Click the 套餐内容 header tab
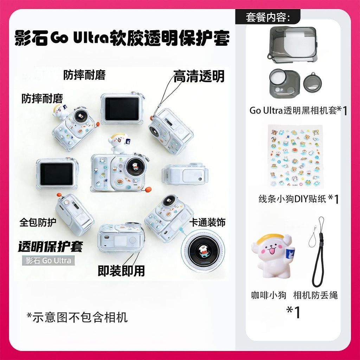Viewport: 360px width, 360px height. pyautogui.click(x=268, y=17)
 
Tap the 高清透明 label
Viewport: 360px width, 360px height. pyautogui.click(x=199, y=76)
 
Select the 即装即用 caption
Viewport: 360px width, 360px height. pyautogui.click(x=121, y=271)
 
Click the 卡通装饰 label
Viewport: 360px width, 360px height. pyautogui.click(x=207, y=222)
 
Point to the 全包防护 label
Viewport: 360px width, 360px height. pyautogui.click(x=38, y=222)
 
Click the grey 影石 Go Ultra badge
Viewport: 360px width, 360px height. pyautogui.click(x=49, y=261)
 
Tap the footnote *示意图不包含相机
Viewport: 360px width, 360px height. pyautogui.click(x=77, y=317)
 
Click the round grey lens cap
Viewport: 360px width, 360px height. pyautogui.click(x=312, y=83)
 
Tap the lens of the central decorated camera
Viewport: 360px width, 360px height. pyautogui.click(x=134, y=166)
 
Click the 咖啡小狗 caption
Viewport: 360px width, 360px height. pyautogui.click(x=268, y=295)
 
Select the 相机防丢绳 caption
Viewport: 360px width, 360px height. pyautogui.click(x=315, y=295)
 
